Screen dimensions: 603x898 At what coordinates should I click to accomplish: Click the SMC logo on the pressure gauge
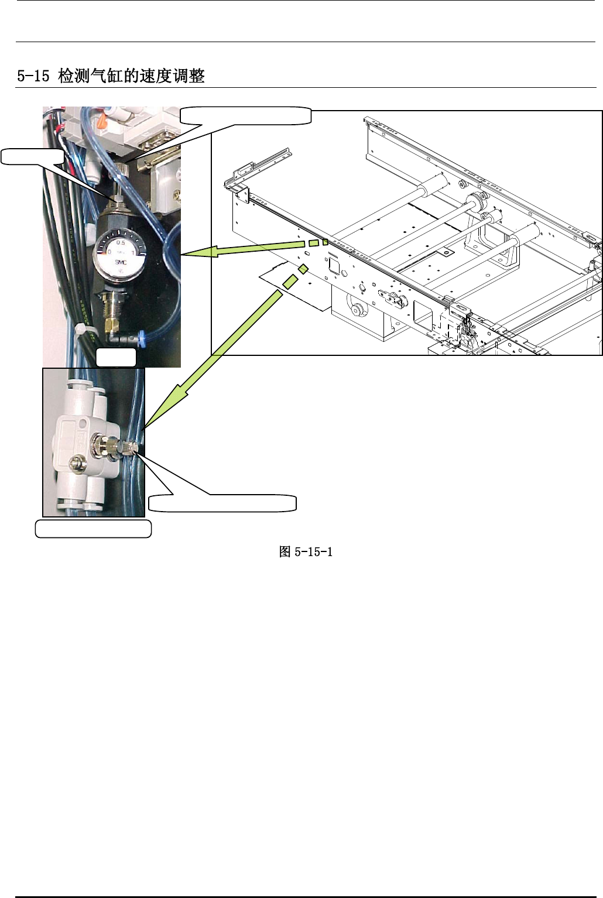click(x=121, y=262)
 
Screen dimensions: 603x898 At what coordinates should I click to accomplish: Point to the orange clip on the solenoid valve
click(x=102, y=122)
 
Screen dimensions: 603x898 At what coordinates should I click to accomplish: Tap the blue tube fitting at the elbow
click(x=140, y=337)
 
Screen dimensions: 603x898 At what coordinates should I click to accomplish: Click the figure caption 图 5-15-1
click(x=306, y=552)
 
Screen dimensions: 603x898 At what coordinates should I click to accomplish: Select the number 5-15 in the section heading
click(x=33, y=76)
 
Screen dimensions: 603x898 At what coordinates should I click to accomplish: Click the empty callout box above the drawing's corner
click(x=245, y=116)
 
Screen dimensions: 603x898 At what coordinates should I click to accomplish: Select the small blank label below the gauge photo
click(x=116, y=358)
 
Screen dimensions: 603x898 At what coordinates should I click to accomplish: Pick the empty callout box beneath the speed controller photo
click(x=94, y=529)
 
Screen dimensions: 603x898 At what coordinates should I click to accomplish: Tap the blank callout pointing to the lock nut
click(x=32, y=156)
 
